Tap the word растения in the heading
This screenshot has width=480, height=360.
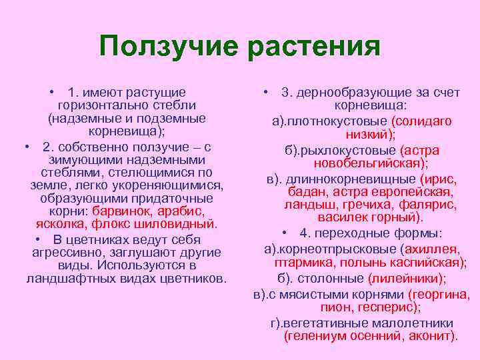click(x=313, y=47)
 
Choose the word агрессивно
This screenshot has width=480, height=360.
click(x=71, y=253)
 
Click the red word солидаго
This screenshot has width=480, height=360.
click(x=422, y=121)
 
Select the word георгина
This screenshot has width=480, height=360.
click(x=440, y=294)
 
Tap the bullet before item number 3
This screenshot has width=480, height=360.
click(x=265, y=92)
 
